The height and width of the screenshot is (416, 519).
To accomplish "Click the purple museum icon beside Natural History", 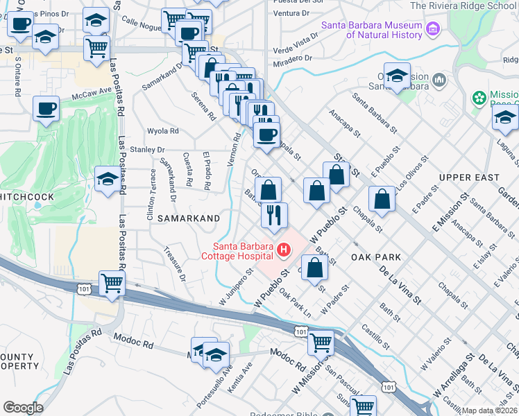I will pyautogui.click(x=434, y=30).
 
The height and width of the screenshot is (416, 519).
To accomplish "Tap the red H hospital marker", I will pyautogui.click(x=282, y=250).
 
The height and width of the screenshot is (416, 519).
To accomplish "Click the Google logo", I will pyautogui.click(x=23, y=407).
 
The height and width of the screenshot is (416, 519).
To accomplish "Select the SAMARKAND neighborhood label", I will pyautogui.click(x=188, y=218).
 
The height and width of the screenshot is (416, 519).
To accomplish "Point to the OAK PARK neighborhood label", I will pyautogui.click(x=376, y=257).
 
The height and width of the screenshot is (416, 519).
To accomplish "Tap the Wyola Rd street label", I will pyautogui.click(x=163, y=131).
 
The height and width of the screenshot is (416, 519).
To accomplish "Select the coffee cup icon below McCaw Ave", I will pyautogui.click(x=46, y=109).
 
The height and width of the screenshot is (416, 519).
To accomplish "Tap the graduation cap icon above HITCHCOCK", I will pyautogui.click(x=107, y=181).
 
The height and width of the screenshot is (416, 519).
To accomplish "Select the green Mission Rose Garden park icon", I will pyautogui.click(x=479, y=98).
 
